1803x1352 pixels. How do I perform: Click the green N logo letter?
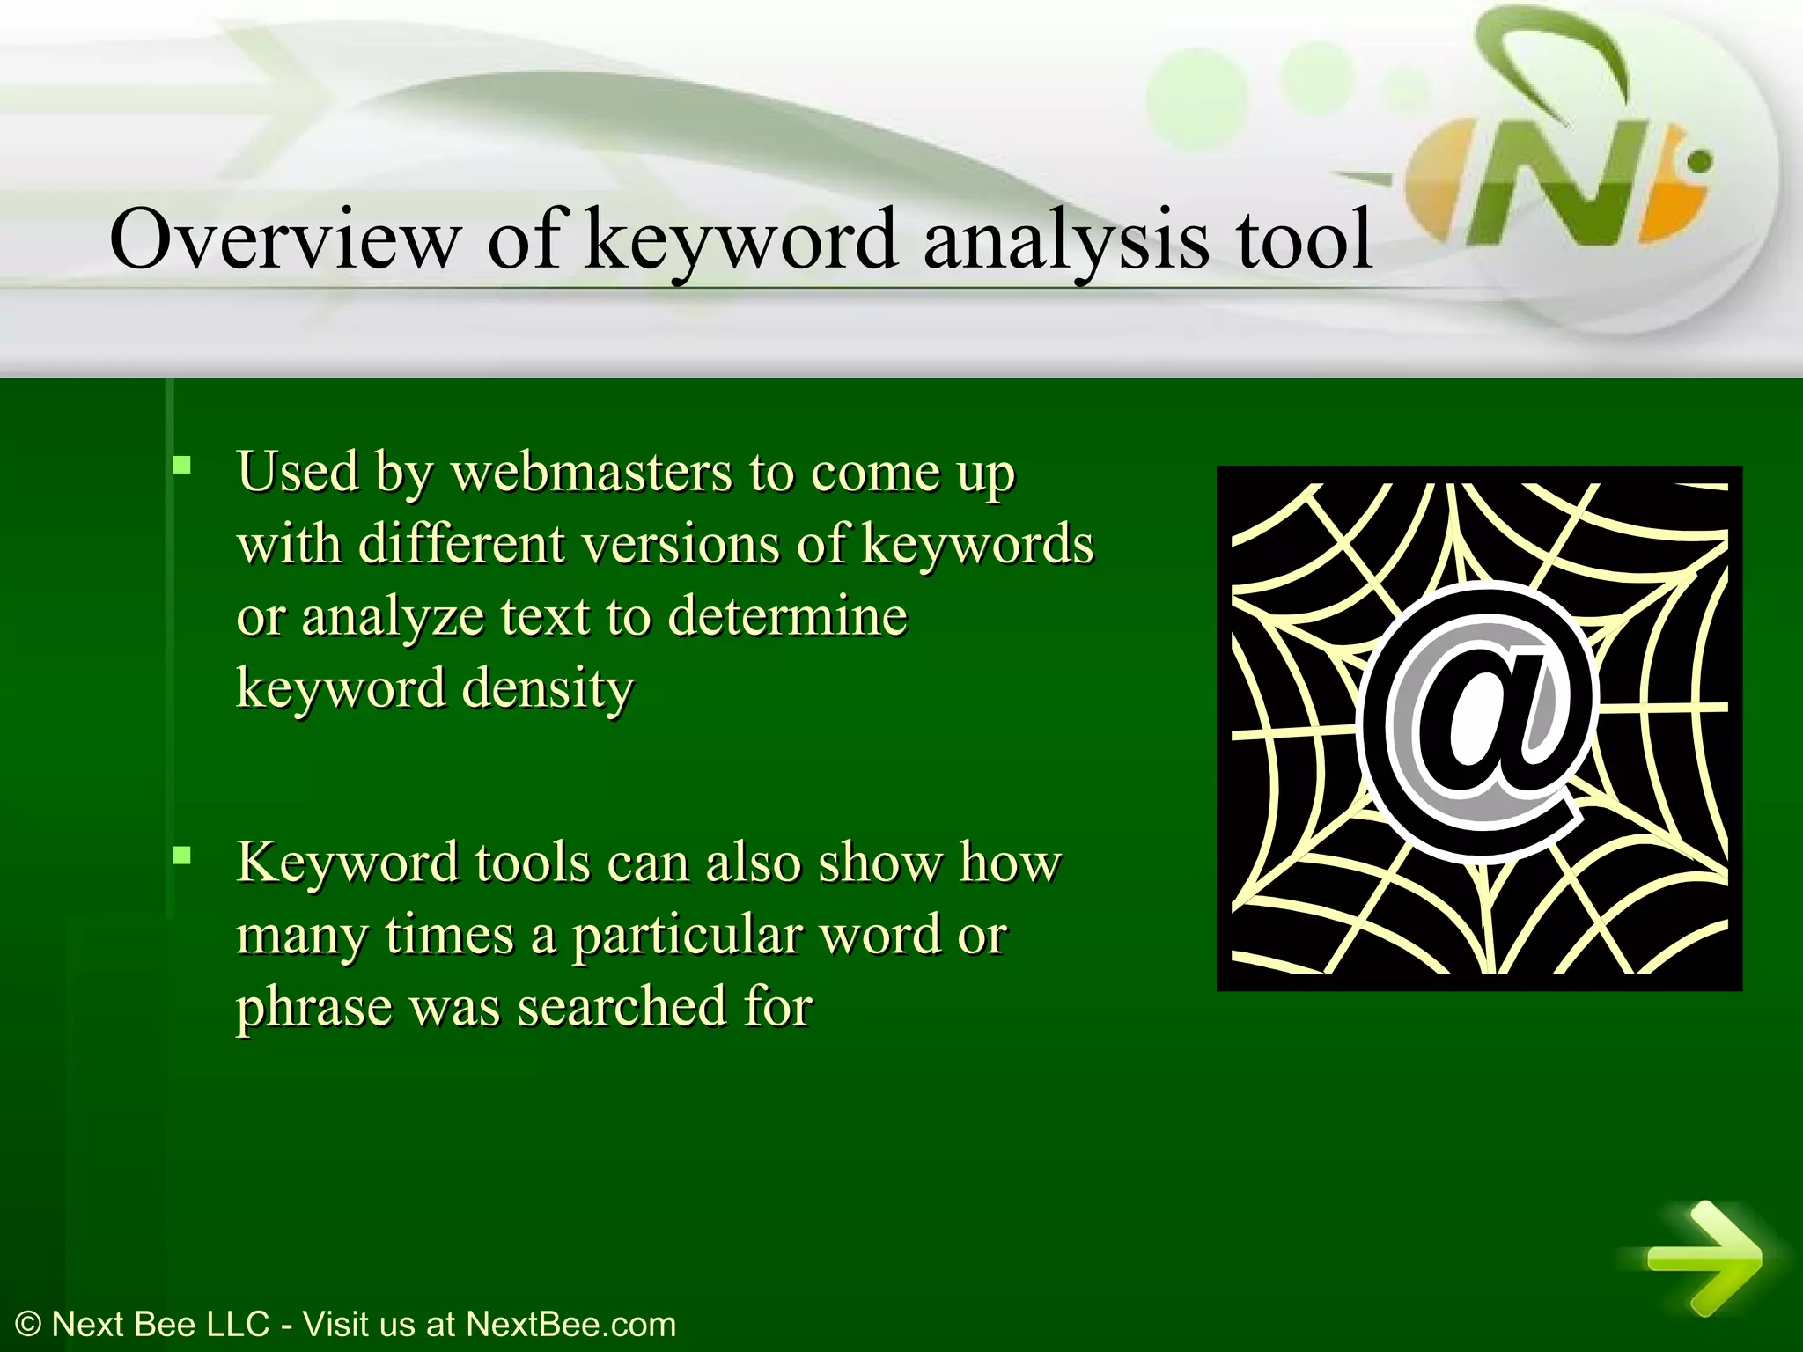point(1576,189)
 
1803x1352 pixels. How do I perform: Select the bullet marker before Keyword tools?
point(182,854)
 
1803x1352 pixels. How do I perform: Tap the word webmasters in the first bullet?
point(591,473)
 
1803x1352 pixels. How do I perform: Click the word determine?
point(787,617)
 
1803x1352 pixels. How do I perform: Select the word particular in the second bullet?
point(686,935)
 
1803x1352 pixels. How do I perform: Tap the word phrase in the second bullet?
point(314,1009)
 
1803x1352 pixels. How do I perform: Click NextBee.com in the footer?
point(570,1324)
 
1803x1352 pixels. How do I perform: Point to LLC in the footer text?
point(237,1324)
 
